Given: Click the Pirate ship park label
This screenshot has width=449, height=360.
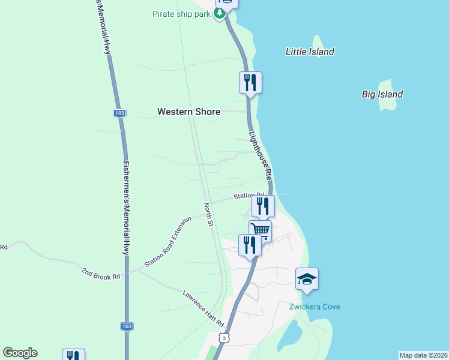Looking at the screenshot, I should (x=181, y=13).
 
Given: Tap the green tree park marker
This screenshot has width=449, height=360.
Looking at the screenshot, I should (x=221, y=13).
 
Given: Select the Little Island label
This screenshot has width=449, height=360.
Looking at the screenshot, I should (x=310, y=52).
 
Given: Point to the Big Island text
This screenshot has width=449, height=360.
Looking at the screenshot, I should (x=382, y=94).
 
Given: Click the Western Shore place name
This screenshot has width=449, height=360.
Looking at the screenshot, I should (x=188, y=112).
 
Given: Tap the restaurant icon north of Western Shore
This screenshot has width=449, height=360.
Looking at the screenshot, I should (x=250, y=83).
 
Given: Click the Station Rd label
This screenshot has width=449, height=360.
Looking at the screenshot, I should (x=249, y=196).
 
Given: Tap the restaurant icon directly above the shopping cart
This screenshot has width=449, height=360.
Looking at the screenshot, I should (x=263, y=206).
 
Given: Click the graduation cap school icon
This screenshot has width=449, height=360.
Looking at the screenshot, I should (x=307, y=279).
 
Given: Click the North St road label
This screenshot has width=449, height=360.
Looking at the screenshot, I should (x=208, y=215).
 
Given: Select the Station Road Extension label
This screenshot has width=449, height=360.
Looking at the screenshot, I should (x=167, y=242).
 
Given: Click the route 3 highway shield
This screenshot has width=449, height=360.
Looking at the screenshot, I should (x=223, y=338).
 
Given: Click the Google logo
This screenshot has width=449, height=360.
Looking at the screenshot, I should (x=20, y=353).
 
